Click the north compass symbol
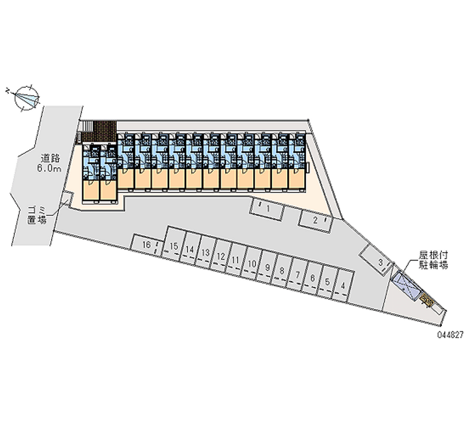[25, 97]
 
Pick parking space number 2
[315, 220]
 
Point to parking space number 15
[173, 247]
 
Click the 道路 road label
[50, 157]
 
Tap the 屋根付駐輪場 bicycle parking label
[433, 260]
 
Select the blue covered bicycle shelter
[407, 286]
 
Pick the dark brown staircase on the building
[99, 131]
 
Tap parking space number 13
[205, 253]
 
